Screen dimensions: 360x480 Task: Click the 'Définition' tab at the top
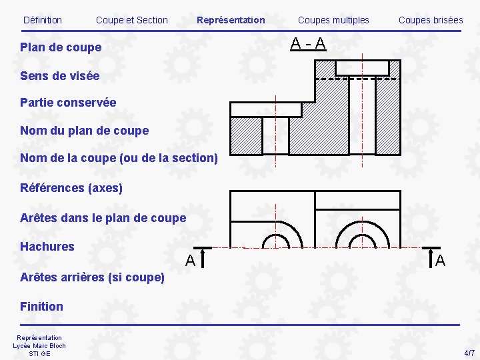tap(42, 20)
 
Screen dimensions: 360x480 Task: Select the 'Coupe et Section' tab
tap(132, 20)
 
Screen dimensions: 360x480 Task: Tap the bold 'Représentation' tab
tap(231, 20)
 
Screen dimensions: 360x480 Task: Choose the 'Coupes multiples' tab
tap(333, 20)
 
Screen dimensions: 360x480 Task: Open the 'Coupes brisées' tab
tap(431, 20)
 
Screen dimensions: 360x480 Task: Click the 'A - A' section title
tap(308, 45)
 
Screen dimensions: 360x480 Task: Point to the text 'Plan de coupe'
tap(61, 47)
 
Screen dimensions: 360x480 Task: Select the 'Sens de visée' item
tap(59, 76)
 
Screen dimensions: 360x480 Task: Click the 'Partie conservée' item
tap(68, 103)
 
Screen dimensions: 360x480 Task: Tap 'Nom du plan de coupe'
tap(84, 131)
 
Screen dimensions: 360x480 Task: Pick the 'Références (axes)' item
tap(71, 188)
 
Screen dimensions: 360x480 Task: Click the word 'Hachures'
tap(47, 247)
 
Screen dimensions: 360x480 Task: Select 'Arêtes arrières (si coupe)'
tap(92, 277)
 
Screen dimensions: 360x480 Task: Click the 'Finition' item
tap(41, 307)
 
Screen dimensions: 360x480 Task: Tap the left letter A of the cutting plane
tap(190, 261)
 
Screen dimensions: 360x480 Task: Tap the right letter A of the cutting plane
tap(440, 261)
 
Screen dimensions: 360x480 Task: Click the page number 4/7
tap(469, 352)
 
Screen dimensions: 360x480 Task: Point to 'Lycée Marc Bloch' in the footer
tap(39, 345)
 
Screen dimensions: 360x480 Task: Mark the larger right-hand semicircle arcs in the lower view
tap(362, 230)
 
